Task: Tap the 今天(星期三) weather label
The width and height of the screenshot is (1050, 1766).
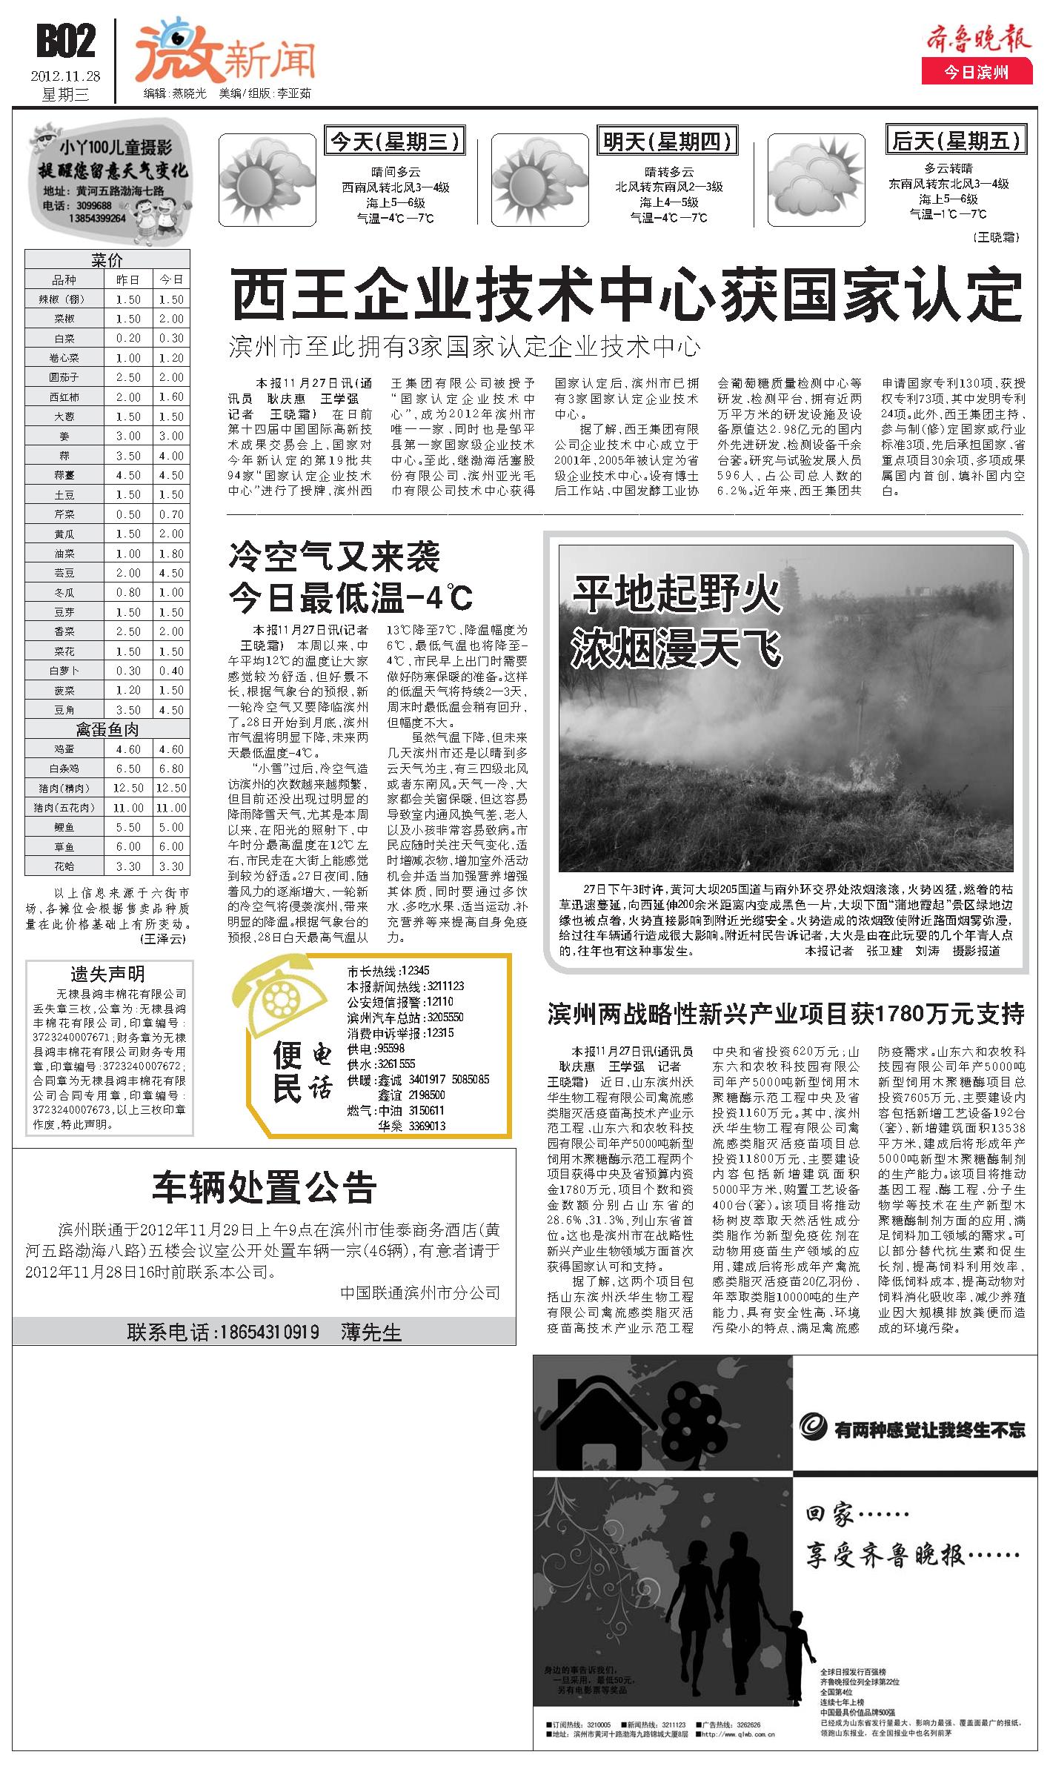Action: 396,141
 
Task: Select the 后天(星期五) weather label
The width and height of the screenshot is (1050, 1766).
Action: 956,140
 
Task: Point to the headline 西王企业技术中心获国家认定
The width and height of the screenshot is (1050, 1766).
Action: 626,295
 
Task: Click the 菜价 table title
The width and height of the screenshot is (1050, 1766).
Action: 107,260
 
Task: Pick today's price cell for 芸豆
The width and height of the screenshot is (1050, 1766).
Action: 171,573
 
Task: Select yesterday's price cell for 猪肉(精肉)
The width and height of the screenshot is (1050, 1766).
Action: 128,788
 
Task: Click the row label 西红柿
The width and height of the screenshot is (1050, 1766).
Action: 64,397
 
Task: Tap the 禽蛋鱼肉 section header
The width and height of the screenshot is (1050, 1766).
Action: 107,729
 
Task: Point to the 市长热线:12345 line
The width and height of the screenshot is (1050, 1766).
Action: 388,971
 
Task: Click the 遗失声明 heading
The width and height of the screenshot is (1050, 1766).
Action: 107,974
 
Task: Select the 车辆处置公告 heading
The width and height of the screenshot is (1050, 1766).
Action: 265,1186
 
